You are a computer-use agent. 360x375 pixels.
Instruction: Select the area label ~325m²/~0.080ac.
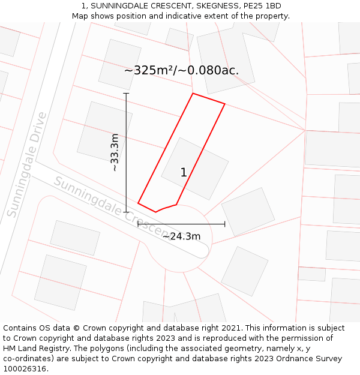tap(181, 70)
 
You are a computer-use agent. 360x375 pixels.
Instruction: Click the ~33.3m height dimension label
tap(115, 152)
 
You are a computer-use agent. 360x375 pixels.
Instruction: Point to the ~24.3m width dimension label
tap(181, 236)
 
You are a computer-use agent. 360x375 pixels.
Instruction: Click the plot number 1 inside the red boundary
tap(184, 173)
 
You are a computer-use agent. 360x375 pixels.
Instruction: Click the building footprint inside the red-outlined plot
tap(195, 169)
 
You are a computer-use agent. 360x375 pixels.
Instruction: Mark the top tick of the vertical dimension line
tap(126, 93)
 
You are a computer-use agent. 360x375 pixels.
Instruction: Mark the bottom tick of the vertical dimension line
tap(126, 212)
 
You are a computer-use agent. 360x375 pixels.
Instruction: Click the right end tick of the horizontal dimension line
tap(225, 224)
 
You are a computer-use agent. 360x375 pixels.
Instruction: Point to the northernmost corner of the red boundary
tap(193, 93)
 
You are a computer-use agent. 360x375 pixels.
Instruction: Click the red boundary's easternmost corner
tap(225, 104)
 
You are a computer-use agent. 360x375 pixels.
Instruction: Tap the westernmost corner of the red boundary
tap(138, 203)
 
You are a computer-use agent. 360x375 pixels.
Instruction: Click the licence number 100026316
tap(25, 368)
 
